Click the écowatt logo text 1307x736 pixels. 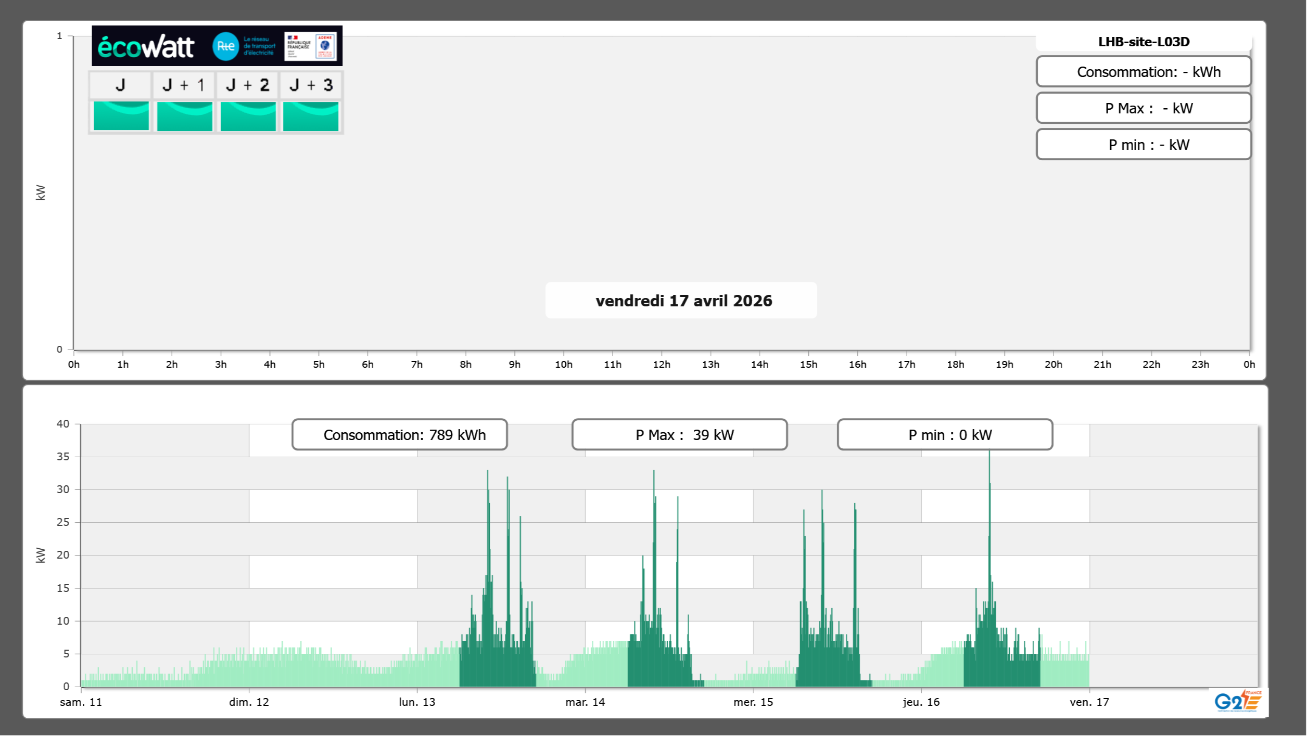point(146,47)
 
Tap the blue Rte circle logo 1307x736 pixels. point(225,46)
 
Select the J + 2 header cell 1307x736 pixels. point(248,85)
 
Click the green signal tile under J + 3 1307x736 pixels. point(311,116)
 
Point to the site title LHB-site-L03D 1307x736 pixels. point(1144,42)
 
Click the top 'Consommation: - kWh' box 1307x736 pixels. point(1144,72)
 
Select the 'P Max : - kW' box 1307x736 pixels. point(1144,108)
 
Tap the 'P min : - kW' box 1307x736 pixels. point(1144,145)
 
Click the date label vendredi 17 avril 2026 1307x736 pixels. point(683,301)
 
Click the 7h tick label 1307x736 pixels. point(416,364)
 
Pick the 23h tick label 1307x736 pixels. point(1200,364)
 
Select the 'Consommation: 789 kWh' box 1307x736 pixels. point(399,435)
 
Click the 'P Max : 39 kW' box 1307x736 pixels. point(679,435)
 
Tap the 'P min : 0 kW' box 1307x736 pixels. point(945,435)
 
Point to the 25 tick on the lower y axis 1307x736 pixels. point(63,522)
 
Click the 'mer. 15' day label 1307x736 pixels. point(753,702)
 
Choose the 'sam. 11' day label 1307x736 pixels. point(81,702)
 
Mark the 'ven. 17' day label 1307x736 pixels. point(1089,702)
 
